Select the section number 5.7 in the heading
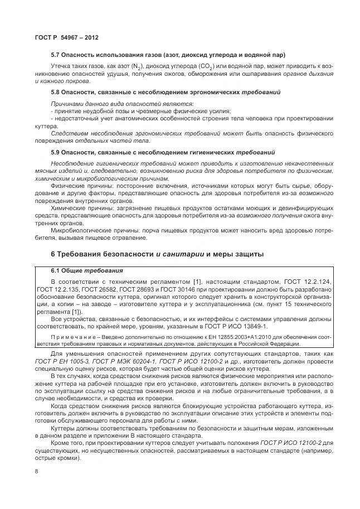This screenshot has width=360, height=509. pos(56,55)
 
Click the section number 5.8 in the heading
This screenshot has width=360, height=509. pos(56,91)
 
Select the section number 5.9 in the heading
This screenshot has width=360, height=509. pos(56,152)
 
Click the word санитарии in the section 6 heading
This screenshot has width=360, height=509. pos(179,254)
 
